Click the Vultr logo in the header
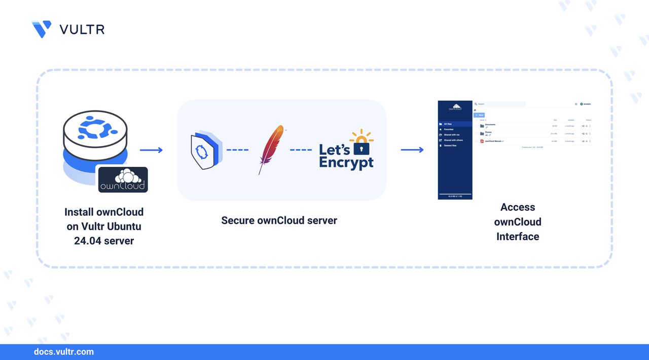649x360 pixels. [42, 29]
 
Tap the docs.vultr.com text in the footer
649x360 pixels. [63, 352]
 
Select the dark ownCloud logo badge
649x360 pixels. [123, 179]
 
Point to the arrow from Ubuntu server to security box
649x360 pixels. [151, 150]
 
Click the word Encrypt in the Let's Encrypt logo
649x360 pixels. [346, 162]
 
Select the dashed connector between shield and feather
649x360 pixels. [237, 150]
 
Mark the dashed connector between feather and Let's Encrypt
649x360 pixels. [301, 150]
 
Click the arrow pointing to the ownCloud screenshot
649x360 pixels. [412, 150]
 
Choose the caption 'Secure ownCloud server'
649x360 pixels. [279, 221]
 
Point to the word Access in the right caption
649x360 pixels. [518, 207]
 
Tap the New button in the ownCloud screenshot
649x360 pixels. [479, 115]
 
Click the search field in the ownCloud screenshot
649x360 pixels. [499, 104]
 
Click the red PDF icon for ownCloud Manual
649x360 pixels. [482, 141]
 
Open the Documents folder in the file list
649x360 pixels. [490, 125]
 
